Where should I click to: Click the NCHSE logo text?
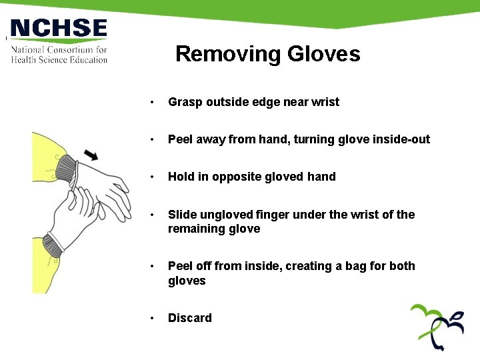coord(59,29)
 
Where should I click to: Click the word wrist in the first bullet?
coord(325,102)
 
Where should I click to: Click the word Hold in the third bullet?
coord(181,177)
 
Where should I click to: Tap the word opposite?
coord(239,177)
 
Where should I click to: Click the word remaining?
coord(196,229)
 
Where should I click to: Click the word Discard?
coord(190,318)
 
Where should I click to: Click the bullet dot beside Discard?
coord(153,319)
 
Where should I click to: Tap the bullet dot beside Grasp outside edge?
coord(153,103)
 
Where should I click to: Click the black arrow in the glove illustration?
coord(91,155)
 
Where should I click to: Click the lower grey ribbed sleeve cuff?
coord(53,245)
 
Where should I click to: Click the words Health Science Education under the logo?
coord(59,60)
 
